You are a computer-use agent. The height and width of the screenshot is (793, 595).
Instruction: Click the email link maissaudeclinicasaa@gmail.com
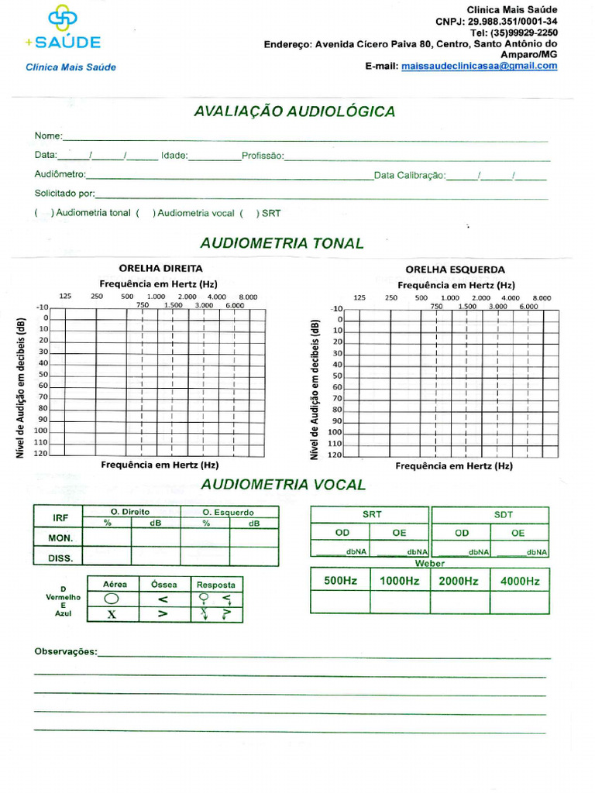[x=480, y=67]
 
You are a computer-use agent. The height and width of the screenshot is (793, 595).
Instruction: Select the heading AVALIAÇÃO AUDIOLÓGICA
[x=294, y=112]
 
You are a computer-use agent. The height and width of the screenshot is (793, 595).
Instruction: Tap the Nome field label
[x=48, y=136]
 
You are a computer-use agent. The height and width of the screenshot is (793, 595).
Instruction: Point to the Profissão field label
[x=263, y=156]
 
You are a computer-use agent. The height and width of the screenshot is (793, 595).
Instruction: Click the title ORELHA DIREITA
[x=160, y=268]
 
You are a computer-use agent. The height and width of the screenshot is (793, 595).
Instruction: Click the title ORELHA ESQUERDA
[x=455, y=269]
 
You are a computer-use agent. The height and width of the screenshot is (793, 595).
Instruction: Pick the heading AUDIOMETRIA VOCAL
[x=283, y=485]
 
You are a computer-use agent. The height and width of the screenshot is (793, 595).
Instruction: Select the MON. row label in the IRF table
[x=61, y=537]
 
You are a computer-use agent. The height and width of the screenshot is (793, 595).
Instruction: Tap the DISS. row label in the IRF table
[x=61, y=557]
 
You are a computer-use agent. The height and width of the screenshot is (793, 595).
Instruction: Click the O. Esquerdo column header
[x=229, y=512]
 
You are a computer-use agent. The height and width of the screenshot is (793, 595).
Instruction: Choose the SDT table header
[x=503, y=514]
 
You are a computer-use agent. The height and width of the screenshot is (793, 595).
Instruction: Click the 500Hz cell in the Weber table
[x=340, y=581]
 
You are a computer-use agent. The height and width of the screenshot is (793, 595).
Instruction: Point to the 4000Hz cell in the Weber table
[x=519, y=581]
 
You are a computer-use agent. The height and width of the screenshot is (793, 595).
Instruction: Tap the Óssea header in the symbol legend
[x=163, y=584]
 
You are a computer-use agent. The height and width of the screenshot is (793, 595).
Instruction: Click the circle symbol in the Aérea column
[x=112, y=599]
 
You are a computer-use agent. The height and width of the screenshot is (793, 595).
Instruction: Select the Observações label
[x=66, y=651]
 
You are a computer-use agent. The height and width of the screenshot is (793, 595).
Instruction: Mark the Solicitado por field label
[x=64, y=193]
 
